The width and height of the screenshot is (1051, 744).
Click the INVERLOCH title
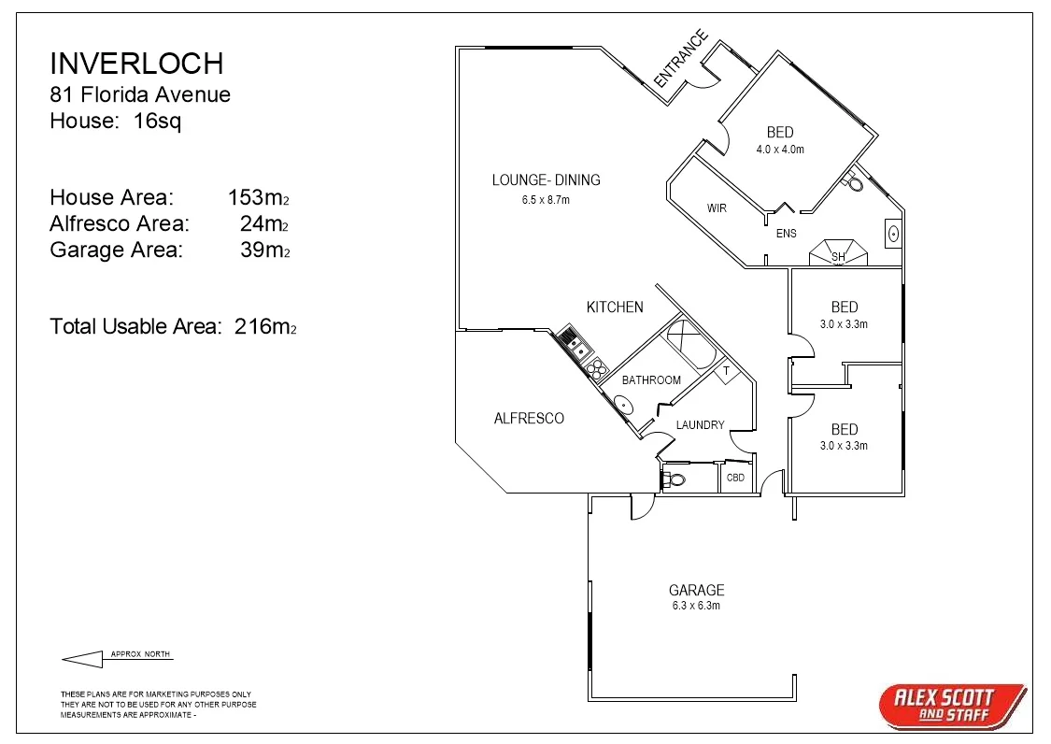(136, 64)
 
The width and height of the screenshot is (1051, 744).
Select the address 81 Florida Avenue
(140, 94)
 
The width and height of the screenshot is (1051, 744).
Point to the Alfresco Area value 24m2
(264, 224)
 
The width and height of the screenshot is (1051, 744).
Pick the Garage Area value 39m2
(264, 250)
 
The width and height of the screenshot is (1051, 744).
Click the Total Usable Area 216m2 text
(173, 326)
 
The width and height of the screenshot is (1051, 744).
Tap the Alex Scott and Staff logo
(952, 704)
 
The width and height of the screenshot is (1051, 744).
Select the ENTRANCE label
(680, 60)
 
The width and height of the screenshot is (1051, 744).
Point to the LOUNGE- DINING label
(546, 180)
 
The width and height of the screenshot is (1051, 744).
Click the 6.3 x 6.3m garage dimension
(696, 606)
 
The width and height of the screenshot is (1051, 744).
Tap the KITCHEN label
(615, 307)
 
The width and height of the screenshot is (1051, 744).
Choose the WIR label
(717, 208)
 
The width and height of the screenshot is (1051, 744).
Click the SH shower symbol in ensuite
(838, 254)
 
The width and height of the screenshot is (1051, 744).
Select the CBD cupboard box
(736, 478)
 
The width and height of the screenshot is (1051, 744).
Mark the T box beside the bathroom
(726, 372)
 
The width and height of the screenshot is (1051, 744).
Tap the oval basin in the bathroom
(621, 405)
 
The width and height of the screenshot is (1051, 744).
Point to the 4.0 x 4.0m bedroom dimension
(780, 149)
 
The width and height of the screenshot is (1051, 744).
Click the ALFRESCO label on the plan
(529, 419)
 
